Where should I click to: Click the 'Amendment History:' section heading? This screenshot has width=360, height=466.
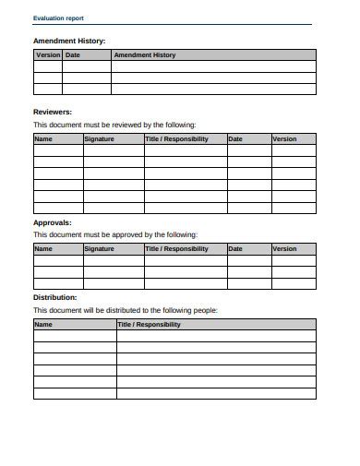point(69,41)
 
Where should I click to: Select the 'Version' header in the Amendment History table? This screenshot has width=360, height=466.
point(48,55)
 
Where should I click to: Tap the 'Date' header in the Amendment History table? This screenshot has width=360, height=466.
point(74,55)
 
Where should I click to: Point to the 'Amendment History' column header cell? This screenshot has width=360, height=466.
point(144,55)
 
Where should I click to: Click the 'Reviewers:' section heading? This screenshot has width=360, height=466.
point(54,111)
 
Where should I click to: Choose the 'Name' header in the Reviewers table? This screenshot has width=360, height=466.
point(43,139)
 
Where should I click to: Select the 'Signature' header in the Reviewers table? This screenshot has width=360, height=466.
point(100,139)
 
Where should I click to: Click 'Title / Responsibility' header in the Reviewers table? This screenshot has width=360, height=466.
point(177,139)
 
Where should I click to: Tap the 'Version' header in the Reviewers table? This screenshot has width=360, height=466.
point(285,139)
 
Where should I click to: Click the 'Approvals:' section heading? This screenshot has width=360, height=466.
point(54,222)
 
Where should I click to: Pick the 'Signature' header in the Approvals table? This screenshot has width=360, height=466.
point(100,248)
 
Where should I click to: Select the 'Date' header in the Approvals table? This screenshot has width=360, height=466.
point(235,248)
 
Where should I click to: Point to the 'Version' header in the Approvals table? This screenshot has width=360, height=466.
point(285,248)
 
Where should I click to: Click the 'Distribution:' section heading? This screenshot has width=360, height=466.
point(55,297)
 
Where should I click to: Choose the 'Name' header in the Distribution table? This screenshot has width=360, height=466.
point(43,325)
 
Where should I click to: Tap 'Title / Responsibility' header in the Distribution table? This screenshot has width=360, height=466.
point(150,325)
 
